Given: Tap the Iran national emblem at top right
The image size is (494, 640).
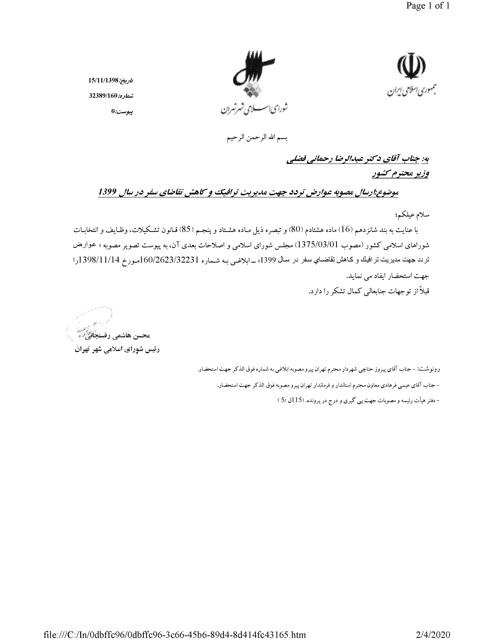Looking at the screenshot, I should coord(411,66).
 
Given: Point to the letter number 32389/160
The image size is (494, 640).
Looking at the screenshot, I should coord(103,96).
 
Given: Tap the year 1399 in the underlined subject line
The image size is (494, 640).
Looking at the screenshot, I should coord(107,192).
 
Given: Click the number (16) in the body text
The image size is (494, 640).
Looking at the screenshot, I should coord(346,230).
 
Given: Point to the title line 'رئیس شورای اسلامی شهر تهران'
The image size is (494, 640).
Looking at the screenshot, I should coord(117,350).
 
